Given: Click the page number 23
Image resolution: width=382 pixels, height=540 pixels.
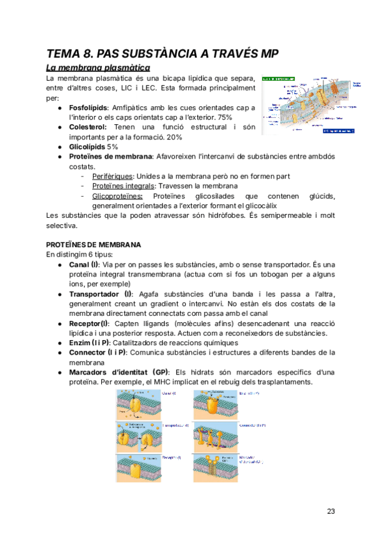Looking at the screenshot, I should pos(330,511).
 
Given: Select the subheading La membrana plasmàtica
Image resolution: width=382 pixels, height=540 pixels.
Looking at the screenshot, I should pos(98,67).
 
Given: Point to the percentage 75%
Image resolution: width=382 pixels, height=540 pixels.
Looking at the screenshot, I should pos(225,118).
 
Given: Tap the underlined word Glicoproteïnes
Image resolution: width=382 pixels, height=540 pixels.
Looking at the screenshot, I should pos(117,195).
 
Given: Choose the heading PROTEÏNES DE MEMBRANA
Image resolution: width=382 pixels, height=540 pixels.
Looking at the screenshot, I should pos(94,245).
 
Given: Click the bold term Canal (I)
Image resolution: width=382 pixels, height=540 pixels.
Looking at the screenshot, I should pos(83,264).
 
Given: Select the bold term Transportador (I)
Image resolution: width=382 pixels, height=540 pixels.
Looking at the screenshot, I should pos(101,294).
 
